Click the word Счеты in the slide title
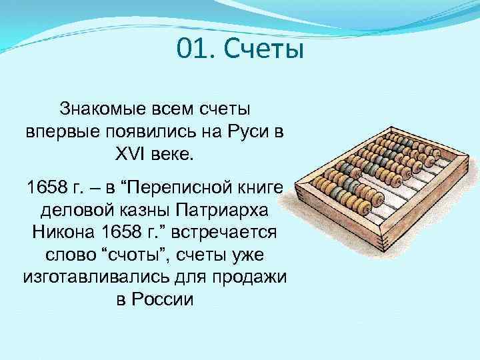point(263,49)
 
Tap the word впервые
point(55,131)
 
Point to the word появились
point(138,131)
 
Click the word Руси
point(237,131)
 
